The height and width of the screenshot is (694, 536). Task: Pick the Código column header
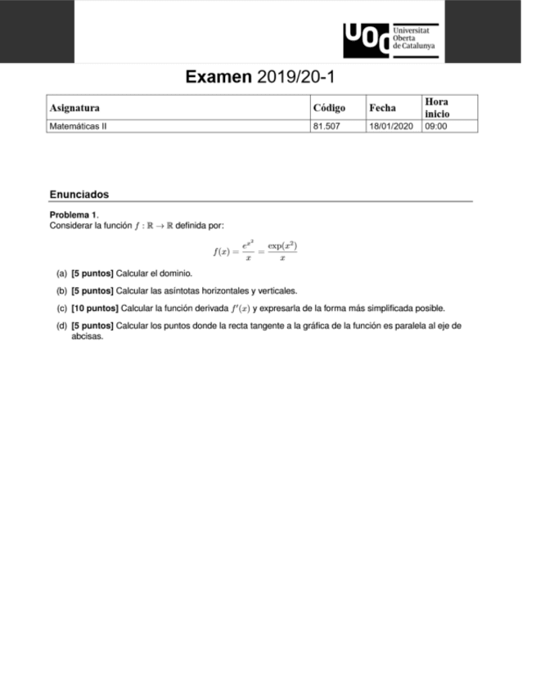point(329,107)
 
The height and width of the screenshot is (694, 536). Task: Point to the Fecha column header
point(382,107)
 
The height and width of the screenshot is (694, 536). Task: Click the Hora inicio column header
point(437,107)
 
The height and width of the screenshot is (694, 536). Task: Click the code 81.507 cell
point(326,127)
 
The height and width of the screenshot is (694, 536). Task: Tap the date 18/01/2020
point(391,127)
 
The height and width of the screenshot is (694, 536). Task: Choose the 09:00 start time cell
point(435,127)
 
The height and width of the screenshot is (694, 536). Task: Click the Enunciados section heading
point(79,195)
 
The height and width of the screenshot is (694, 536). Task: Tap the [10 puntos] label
point(94,309)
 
